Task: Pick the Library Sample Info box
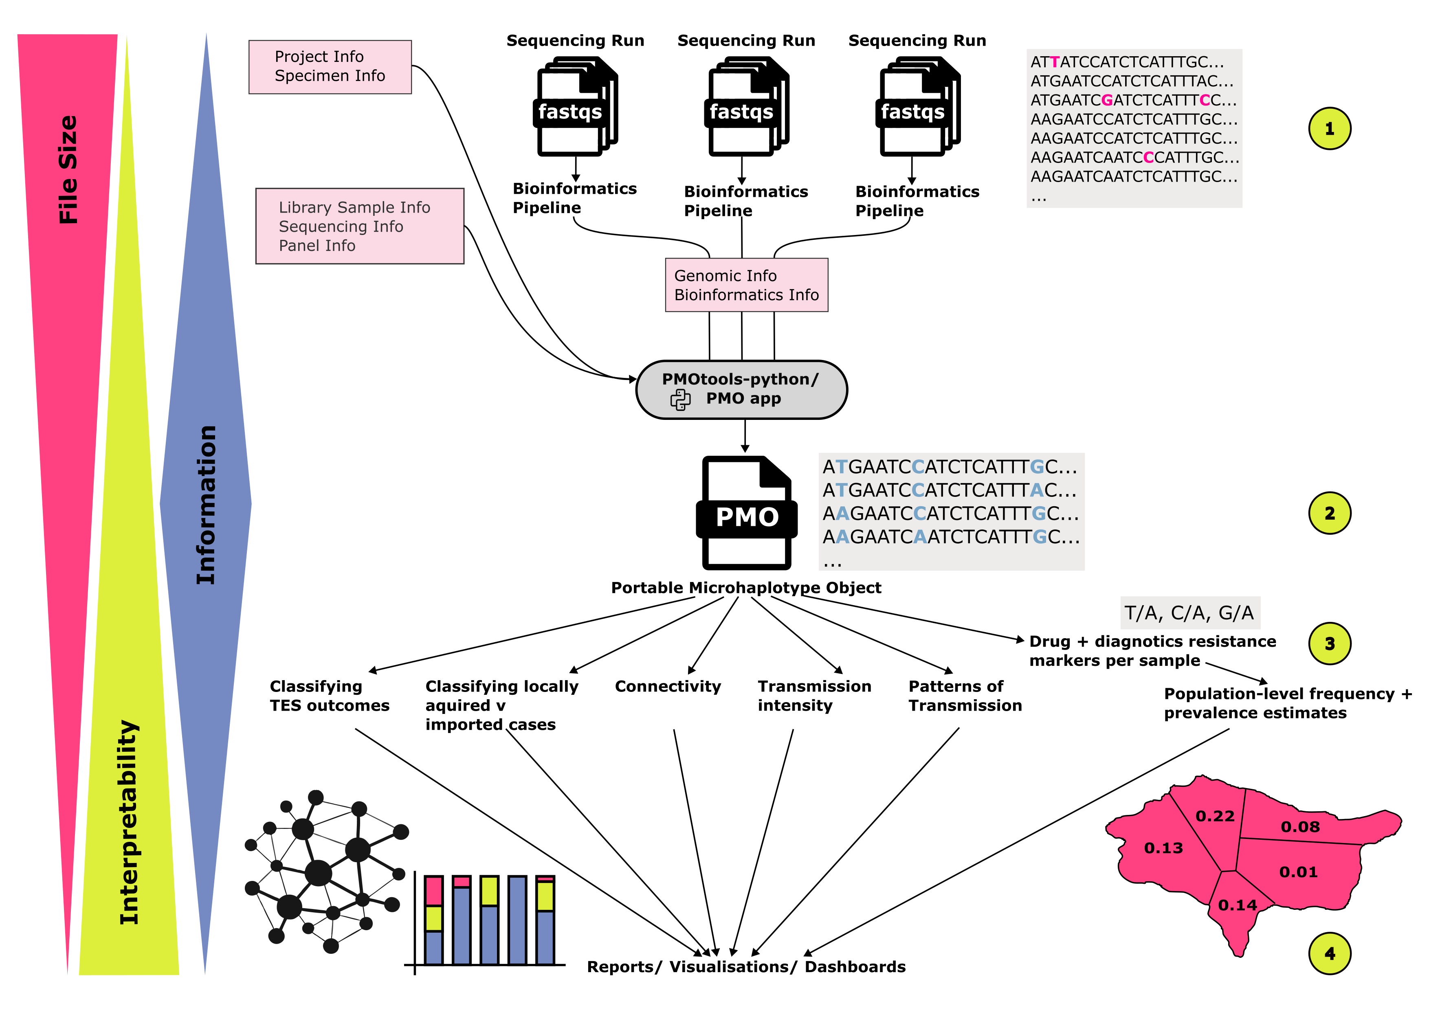359,226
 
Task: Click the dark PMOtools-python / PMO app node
741,389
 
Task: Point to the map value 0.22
1214,816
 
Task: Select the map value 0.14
1237,905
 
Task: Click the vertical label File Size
68,169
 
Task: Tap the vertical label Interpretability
129,821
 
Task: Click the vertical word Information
206,504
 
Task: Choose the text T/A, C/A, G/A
1188,613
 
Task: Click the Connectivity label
667,686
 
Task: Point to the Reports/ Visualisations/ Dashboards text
745,966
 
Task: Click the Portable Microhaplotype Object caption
745,587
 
